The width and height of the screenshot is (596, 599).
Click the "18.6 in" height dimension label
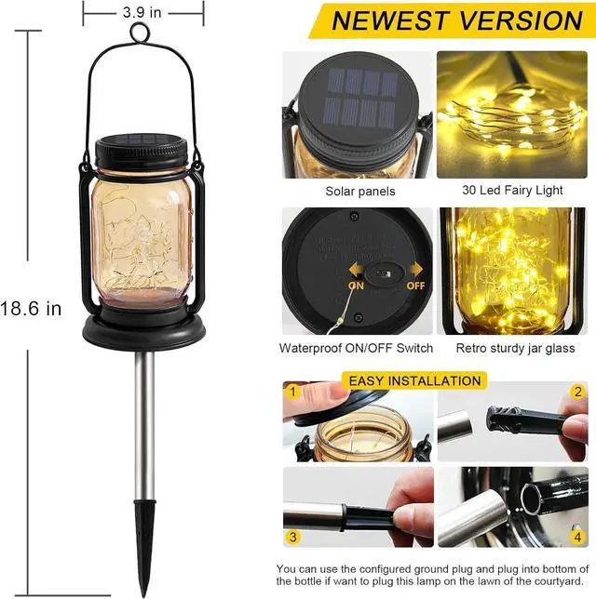[31, 309]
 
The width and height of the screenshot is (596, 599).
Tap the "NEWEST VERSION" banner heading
[456, 20]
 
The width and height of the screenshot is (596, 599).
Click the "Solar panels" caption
[359, 191]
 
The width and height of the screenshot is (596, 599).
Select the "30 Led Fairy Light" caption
[512, 190]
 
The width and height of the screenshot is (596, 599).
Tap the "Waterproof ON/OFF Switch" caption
[356, 348]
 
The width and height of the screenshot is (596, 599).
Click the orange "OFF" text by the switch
[414, 286]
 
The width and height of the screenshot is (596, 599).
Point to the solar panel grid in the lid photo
[357, 100]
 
